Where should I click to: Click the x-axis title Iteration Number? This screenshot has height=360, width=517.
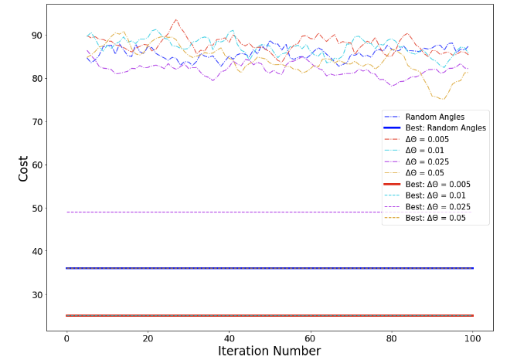[x=270, y=351]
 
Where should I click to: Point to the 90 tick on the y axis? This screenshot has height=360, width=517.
[x=35, y=36]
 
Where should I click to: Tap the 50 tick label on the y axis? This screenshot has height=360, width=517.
[x=35, y=209]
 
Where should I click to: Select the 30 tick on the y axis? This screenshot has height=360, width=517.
[x=35, y=295]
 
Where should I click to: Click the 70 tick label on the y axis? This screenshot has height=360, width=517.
[x=35, y=122]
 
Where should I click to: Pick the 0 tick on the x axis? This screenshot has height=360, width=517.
[x=66, y=338]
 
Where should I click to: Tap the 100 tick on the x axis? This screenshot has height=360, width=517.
[x=473, y=338]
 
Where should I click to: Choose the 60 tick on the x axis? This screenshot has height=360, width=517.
[x=311, y=338]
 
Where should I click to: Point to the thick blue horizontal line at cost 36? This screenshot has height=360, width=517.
[x=270, y=268]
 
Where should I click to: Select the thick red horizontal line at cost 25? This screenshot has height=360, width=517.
[x=270, y=315]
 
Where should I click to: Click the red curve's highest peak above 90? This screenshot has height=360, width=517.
[x=176, y=20]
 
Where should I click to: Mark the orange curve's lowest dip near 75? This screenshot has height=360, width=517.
[x=443, y=99]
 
